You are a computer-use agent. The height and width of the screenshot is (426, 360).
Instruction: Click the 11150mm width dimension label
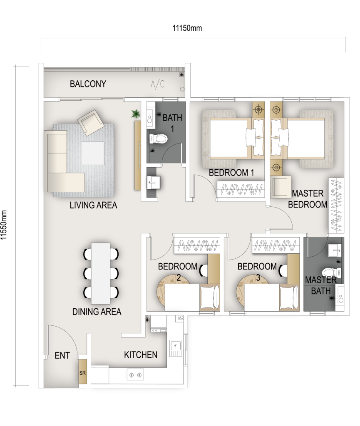tap(187, 28)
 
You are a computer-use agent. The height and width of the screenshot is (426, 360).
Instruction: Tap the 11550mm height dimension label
tap(3, 225)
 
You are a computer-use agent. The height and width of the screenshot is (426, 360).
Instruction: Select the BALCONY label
tap(88, 84)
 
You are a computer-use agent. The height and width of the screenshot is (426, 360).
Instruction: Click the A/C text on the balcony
tap(158, 84)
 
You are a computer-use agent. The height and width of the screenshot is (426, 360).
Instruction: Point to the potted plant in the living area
tap(136, 114)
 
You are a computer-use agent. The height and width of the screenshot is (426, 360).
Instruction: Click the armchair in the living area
tap(90, 123)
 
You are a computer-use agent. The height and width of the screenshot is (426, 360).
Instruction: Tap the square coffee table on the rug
tap(93, 153)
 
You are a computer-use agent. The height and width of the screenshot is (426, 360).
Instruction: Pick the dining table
tap(101, 273)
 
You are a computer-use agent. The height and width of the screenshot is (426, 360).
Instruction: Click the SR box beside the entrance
tap(82, 372)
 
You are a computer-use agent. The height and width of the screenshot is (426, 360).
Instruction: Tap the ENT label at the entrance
tap(62, 355)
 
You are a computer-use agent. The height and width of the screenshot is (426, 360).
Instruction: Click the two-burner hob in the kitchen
tap(135, 375)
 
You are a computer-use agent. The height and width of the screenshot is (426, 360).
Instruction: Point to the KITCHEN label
tap(141, 355)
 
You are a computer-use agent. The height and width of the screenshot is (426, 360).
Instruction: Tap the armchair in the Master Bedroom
tap(281, 186)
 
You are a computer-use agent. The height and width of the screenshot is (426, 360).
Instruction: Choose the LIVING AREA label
tap(94, 205)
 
